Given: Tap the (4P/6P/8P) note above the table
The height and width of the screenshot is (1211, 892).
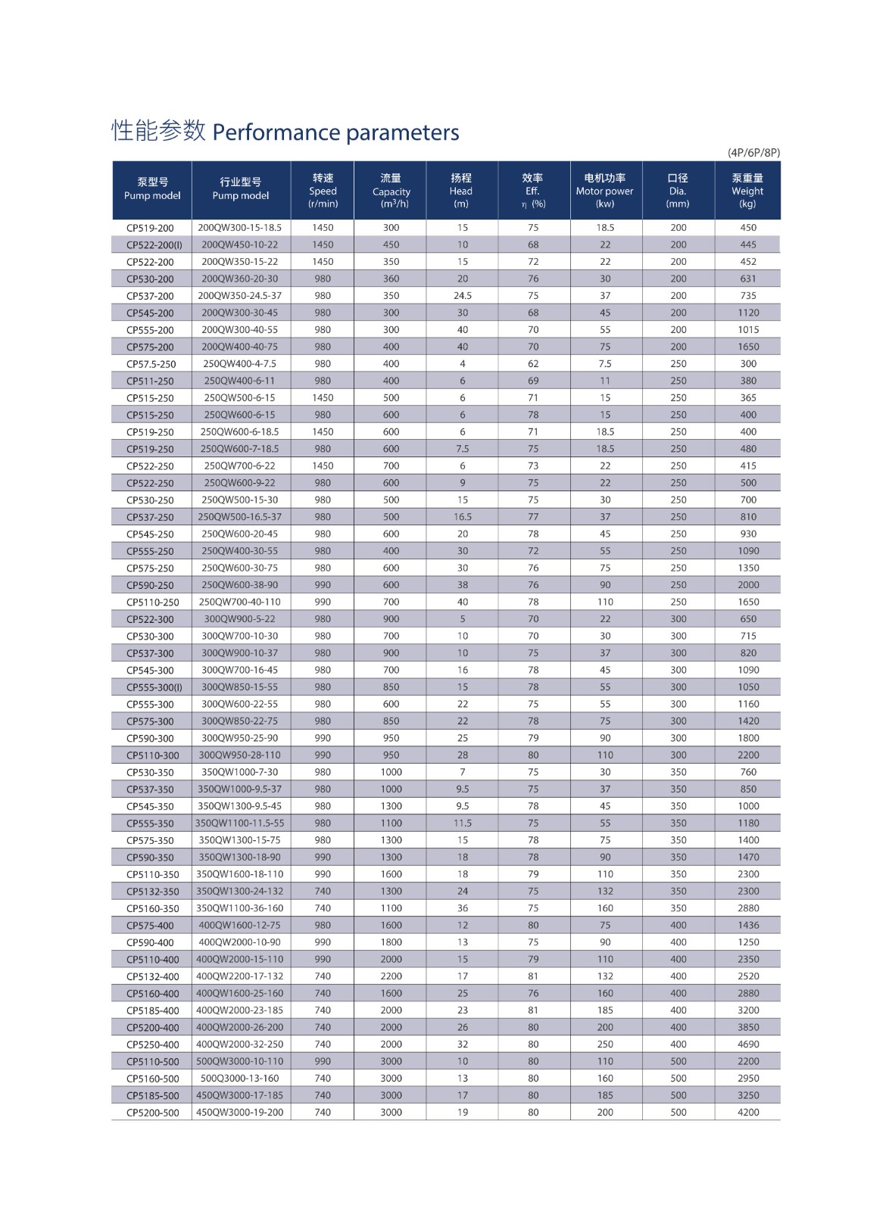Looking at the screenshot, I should click(x=753, y=152).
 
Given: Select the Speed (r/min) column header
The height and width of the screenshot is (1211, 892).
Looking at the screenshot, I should click(x=323, y=191).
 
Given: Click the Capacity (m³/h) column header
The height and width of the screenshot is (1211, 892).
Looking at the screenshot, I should click(x=391, y=191).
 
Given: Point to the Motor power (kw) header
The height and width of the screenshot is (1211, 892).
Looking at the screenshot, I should click(x=605, y=191).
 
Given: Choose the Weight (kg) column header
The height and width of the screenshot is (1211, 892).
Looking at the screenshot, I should click(x=747, y=191).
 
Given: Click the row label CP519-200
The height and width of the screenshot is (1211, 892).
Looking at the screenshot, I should click(x=150, y=228).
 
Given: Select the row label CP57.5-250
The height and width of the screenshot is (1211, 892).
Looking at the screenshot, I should click(x=151, y=364).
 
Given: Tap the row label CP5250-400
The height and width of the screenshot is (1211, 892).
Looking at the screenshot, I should click(x=153, y=1044).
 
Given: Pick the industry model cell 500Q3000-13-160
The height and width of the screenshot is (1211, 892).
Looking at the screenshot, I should click(x=240, y=1079).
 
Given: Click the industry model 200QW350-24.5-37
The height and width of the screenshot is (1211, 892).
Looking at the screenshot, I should click(x=240, y=296).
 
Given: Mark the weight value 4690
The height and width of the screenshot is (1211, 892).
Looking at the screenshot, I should click(x=748, y=1044).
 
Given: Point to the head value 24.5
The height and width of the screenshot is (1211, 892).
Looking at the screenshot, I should click(x=462, y=296).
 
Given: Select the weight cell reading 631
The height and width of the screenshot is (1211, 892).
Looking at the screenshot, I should click(x=748, y=279).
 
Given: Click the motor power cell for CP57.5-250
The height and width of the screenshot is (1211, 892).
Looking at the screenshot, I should click(x=605, y=364).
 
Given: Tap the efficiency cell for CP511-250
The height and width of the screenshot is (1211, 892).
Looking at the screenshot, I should click(x=533, y=381).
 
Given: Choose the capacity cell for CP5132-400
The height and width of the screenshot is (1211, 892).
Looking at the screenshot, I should click(x=391, y=976).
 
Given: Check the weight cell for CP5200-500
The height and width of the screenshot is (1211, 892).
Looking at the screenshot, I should click(x=748, y=1113).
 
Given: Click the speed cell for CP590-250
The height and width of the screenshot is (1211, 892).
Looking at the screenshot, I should click(x=323, y=585).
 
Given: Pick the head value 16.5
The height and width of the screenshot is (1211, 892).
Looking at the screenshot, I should click(x=462, y=517).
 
